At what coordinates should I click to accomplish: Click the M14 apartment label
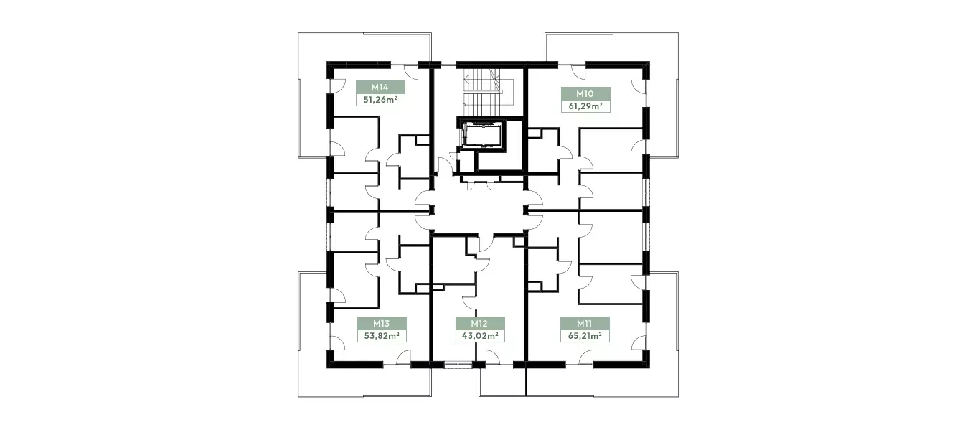tap(380, 88)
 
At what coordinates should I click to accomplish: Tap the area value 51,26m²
tap(380, 100)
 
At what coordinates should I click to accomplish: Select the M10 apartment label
tap(585, 94)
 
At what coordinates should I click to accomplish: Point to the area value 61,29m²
tap(585, 106)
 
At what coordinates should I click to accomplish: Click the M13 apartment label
tap(381, 323)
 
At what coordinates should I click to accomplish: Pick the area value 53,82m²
tap(381, 336)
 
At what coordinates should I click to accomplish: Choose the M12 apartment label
tap(479, 323)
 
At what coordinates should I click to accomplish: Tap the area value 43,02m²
tap(480, 336)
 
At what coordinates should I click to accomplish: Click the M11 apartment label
tap(584, 323)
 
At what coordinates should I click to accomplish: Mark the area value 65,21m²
tap(585, 336)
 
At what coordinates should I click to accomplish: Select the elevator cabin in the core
tap(481, 135)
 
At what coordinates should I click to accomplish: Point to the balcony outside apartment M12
tap(502, 381)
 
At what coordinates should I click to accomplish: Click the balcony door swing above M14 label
tap(110, 72)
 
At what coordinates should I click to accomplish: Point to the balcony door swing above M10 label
tap(578, 72)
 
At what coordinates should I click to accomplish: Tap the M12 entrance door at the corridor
tap(486, 243)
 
